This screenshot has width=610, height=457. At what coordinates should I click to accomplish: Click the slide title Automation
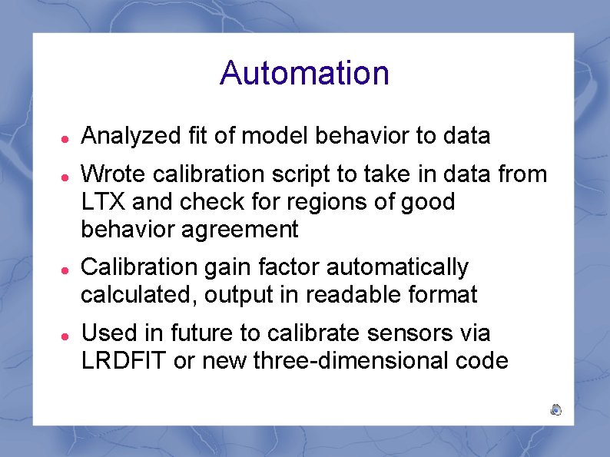click(x=304, y=73)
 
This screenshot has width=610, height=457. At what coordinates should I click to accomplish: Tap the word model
click(x=264, y=137)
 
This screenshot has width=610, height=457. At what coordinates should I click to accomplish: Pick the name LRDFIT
click(x=124, y=360)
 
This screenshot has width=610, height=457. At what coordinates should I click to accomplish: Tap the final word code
click(x=485, y=360)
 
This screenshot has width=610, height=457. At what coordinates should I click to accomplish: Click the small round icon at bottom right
click(x=556, y=410)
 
